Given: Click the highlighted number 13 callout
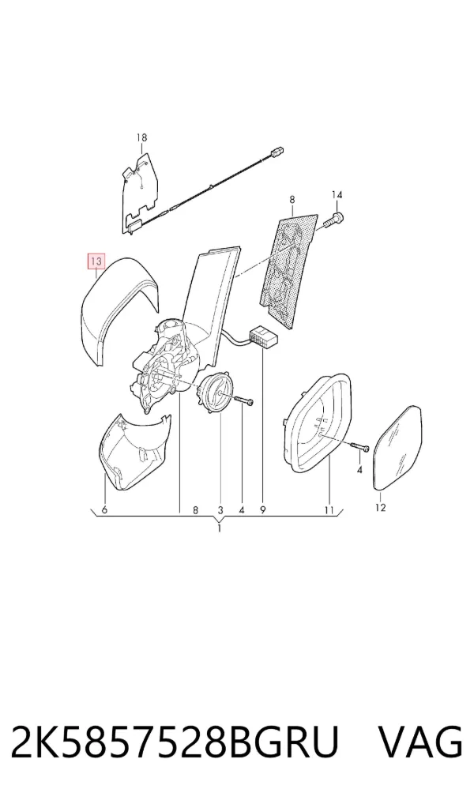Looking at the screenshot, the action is click(96, 261).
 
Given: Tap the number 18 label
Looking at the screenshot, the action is click(141, 137).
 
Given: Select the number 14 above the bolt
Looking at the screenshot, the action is click(337, 195).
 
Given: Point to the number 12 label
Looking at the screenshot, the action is click(380, 508).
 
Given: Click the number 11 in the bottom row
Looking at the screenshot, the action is click(329, 510).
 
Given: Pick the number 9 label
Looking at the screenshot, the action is click(262, 510).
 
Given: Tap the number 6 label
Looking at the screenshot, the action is click(104, 509).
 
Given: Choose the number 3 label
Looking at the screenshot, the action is click(220, 510).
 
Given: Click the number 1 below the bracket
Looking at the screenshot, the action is click(219, 528).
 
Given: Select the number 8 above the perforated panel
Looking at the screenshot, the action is click(292, 199).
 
